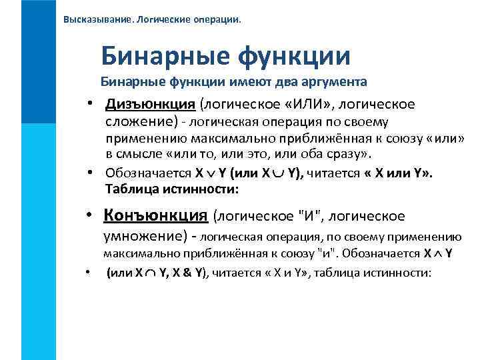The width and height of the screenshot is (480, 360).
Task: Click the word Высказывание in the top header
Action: [x=97, y=19]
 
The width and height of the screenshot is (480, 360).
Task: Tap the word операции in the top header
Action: [x=217, y=19]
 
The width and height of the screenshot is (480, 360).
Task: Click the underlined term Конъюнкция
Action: [x=156, y=215]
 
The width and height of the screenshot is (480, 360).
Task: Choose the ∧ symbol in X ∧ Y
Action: [x=439, y=254]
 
